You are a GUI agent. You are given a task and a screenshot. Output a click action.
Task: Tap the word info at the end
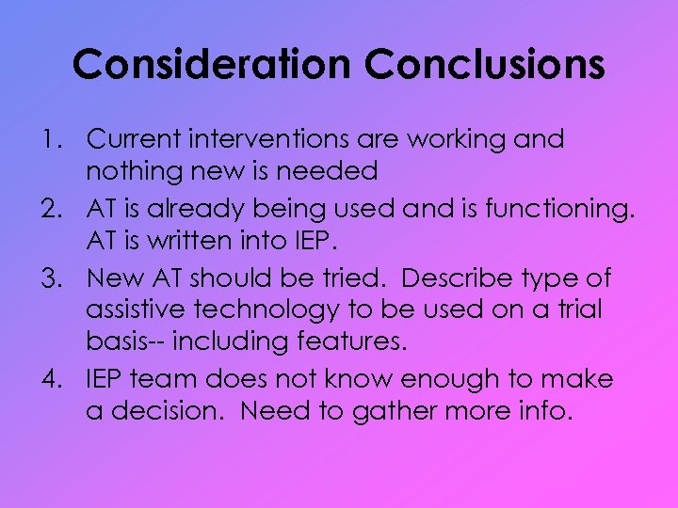coord(540,411)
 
